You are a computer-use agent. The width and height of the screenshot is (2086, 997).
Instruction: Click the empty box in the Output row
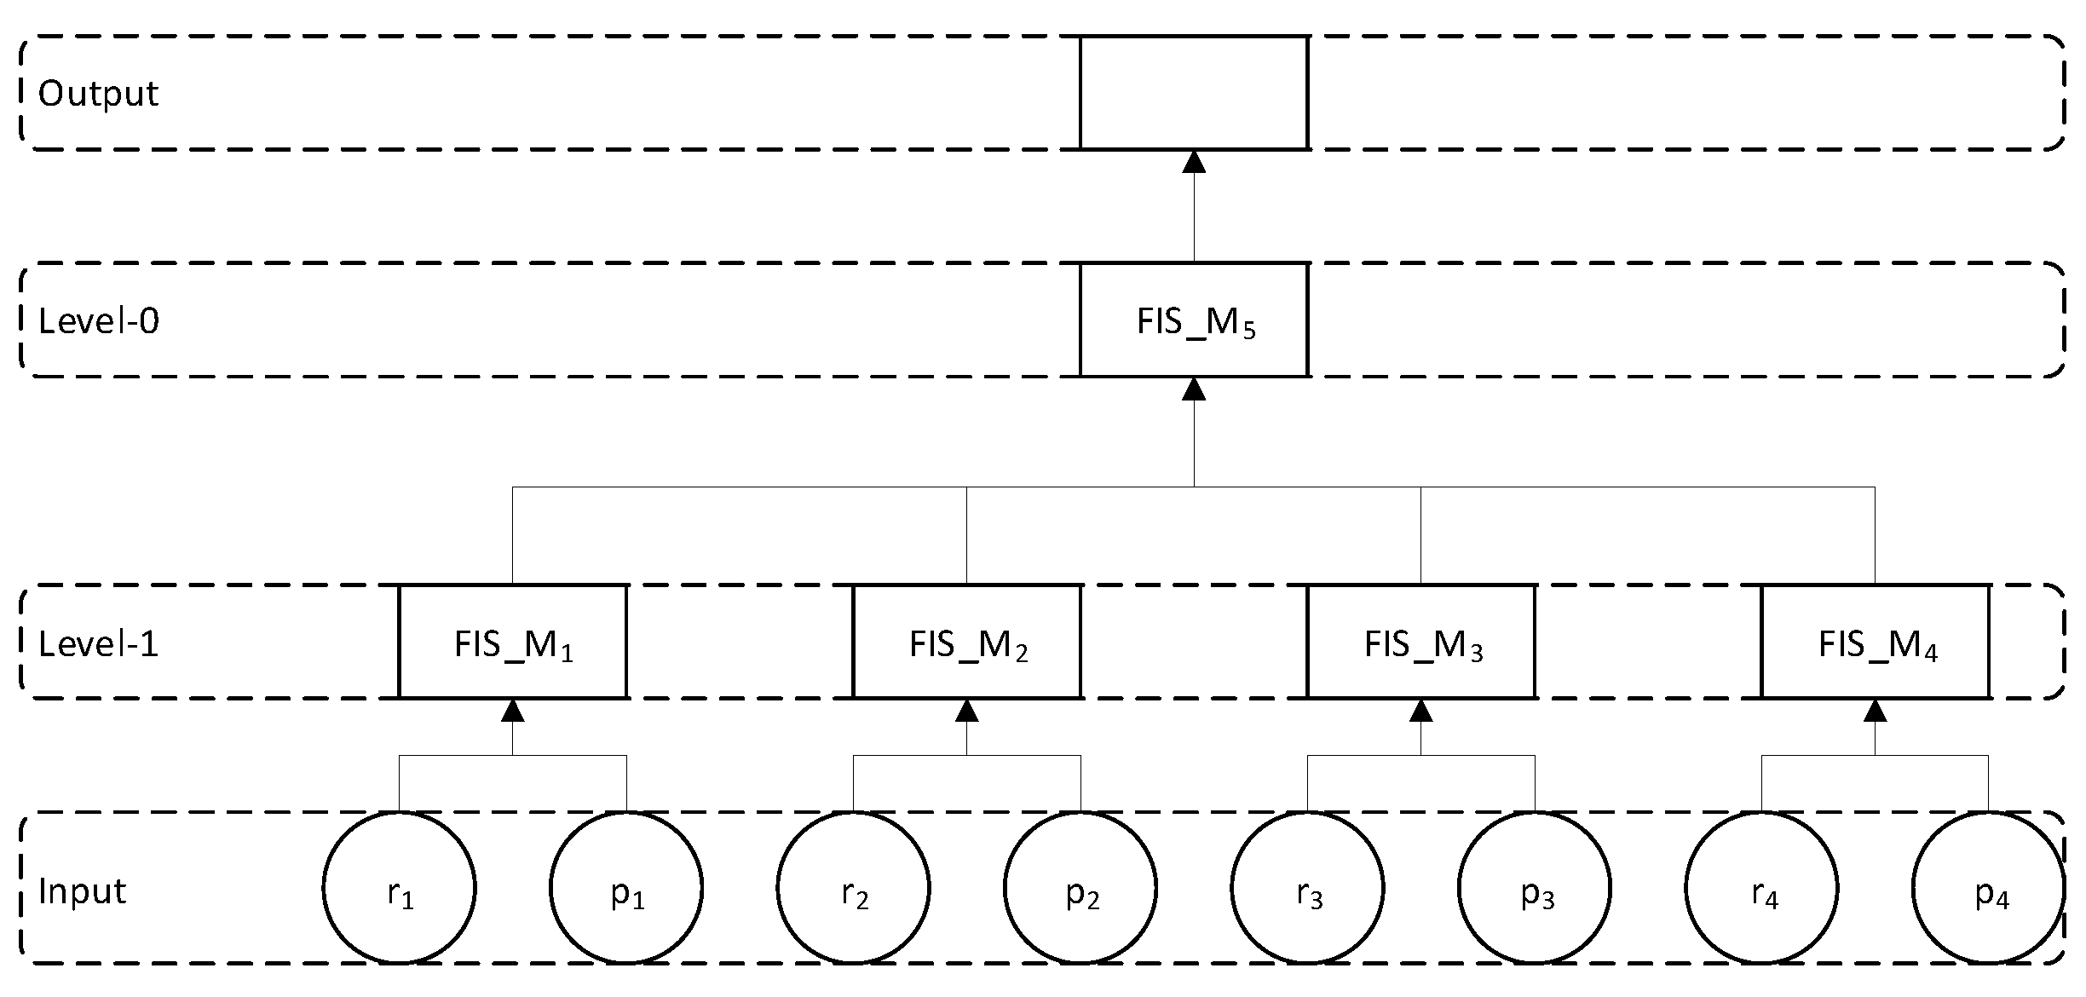click(1193, 92)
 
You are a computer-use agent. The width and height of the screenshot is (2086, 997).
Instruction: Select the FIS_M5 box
click(1193, 320)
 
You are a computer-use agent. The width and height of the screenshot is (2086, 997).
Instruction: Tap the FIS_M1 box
click(512, 642)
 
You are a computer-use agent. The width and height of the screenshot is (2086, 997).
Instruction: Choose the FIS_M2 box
click(966, 642)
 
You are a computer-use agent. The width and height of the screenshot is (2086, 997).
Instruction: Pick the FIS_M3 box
click(1420, 642)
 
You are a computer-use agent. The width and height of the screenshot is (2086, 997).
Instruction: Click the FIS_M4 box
click(1875, 642)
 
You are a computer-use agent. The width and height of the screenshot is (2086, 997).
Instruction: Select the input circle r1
click(399, 888)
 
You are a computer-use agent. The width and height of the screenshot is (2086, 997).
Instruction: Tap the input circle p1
click(626, 888)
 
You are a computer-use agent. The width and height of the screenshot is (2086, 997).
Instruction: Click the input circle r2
click(853, 888)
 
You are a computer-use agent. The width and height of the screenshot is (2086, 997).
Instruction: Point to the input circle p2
click(1080, 888)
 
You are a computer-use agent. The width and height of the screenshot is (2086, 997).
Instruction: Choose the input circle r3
click(1307, 888)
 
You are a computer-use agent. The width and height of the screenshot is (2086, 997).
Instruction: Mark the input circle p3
click(1535, 888)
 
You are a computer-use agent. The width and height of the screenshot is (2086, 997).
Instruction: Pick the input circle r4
click(1761, 888)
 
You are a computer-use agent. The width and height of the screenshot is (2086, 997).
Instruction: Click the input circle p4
click(1988, 888)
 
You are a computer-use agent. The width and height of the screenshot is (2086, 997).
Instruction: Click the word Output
click(98, 94)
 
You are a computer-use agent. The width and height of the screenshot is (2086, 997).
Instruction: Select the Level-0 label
click(99, 321)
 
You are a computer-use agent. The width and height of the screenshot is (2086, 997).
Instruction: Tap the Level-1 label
click(99, 643)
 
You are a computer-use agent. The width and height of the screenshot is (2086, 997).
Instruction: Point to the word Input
click(83, 891)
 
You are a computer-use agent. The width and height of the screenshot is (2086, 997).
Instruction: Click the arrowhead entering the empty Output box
click(1194, 162)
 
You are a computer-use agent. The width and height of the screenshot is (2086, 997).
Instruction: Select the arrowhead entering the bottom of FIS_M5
click(1194, 389)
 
